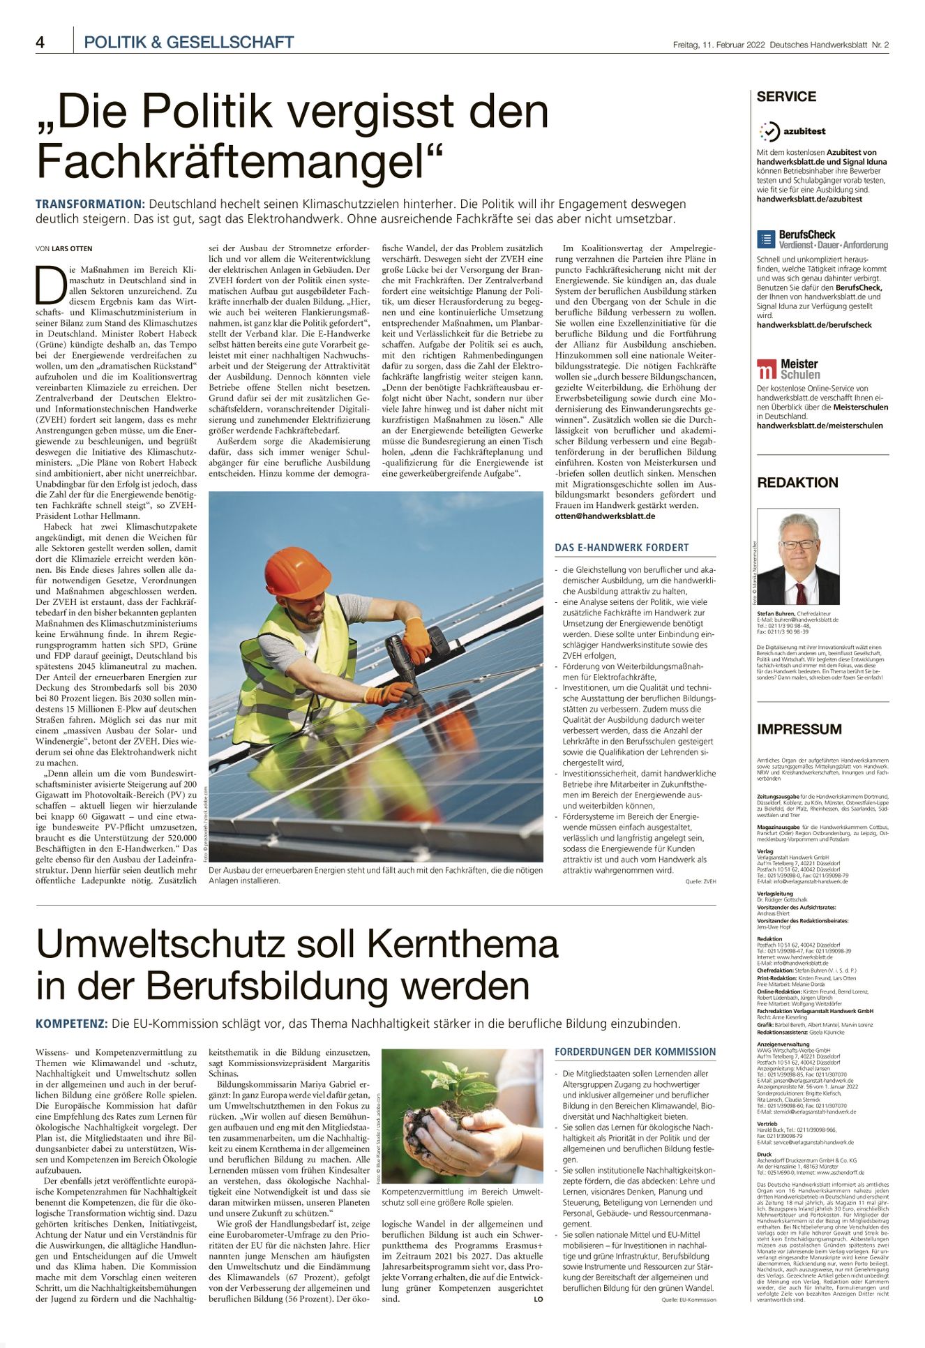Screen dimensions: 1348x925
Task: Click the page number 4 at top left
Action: (40, 43)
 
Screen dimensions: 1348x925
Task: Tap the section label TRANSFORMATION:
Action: (90, 204)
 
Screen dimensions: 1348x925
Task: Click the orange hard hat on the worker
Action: (297, 571)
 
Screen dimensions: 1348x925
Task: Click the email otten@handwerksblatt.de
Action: (605, 516)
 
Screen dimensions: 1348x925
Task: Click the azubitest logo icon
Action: (769, 130)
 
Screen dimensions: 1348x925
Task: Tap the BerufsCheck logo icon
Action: (766, 239)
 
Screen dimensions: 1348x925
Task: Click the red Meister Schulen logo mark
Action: (767, 368)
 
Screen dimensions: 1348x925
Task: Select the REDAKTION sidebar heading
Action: (797, 482)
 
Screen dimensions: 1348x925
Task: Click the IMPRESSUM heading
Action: (799, 729)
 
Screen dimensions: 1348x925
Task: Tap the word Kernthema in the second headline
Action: (462, 945)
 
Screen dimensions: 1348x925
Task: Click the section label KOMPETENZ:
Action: (72, 1024)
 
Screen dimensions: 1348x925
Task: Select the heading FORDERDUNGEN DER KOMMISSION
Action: (635, 1051)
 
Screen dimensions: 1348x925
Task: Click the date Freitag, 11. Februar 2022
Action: (719, 45)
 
